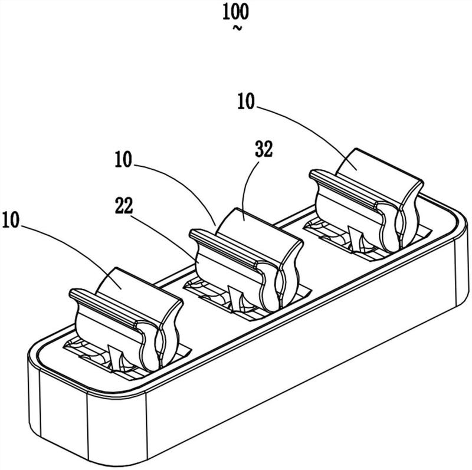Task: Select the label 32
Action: click(264, 150)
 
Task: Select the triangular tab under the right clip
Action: click(356, 239)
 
